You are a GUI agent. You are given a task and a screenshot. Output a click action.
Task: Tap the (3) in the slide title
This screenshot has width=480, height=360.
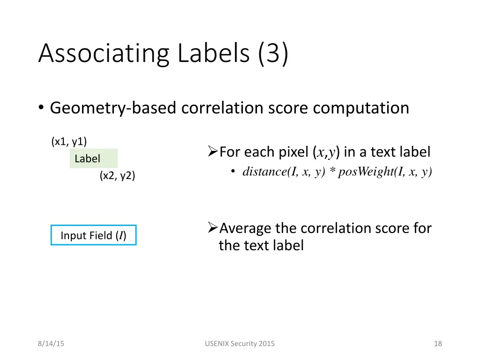coord(272,53)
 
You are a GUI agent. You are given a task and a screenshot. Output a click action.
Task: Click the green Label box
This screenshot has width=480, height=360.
coord(93,158)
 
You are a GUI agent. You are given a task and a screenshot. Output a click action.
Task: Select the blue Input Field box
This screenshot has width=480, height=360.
coord(93,235)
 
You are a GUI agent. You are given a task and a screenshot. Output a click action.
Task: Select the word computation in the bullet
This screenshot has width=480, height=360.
coord(361,108)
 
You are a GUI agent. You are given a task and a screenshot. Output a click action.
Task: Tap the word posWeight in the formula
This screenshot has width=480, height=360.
coord(366,172)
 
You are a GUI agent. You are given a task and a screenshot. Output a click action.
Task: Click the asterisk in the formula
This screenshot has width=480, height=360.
coord(331,172)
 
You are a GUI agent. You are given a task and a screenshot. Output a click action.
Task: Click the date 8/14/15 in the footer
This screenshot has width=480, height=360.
coord(51,344)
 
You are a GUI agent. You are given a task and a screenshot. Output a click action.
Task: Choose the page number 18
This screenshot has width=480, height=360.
coord(438,344)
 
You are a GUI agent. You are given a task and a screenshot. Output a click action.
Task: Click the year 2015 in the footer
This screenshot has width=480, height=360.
coord(266,344)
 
